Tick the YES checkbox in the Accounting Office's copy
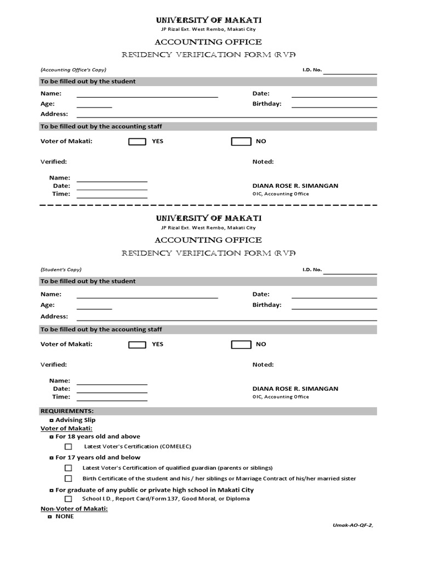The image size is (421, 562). pos(137,142)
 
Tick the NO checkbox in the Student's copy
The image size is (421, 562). pos(241,345)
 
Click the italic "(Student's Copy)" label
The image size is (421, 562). pos(61,269)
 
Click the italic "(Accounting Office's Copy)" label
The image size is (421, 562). pos(73,70)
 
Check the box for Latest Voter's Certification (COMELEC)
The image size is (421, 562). pos(69,447)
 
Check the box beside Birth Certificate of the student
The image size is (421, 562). pos(69,479)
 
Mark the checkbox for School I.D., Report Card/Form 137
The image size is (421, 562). pos(69,499)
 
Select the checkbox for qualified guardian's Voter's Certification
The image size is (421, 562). pos(69,468)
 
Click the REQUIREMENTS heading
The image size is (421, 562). pos(67,411)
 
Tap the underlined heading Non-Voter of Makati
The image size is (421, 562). pos(74,509)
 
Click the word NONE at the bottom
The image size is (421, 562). pos(65,516)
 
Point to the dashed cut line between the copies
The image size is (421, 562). pos(208,205)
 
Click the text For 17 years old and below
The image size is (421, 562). pos(98,458)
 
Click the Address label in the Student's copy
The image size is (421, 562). pos(54,317)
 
